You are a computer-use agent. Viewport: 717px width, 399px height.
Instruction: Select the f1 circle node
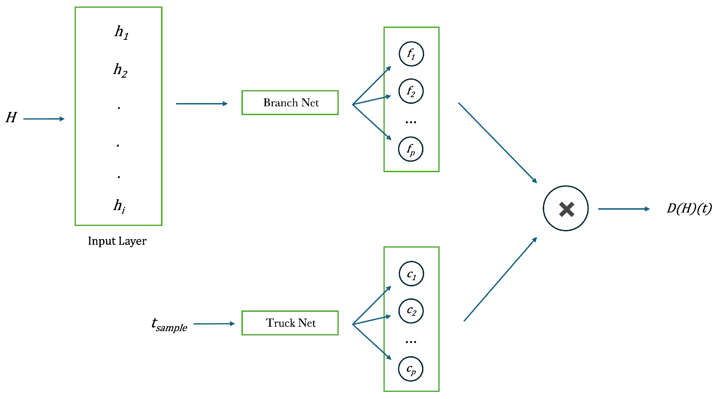tap(411, 54)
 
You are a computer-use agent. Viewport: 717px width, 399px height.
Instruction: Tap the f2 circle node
tap(411, 91)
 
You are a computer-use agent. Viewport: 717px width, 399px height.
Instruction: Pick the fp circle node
tap(411, 149)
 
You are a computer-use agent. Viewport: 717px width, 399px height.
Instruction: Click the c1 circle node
tap(411, 274)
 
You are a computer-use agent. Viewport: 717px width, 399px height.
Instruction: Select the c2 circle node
tap(411, 311)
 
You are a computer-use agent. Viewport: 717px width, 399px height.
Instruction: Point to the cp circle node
tap(411, 369)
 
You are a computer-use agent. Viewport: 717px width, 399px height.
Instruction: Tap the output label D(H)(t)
tap(689, 208)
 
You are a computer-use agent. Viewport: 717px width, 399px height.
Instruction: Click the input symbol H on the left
tap(11, 117)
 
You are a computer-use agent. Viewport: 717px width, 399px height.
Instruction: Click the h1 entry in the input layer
tap(121, 32)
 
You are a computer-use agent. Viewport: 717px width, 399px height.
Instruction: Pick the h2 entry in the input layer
tap(120, 70)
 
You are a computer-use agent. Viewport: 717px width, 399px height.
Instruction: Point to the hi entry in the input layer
tap(119, 206)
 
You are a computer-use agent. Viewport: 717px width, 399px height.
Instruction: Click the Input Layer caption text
tap(117, 241)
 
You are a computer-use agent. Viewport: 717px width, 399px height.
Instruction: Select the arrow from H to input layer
tap(44, 119)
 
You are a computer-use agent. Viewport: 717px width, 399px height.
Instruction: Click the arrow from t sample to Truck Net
tap(214, 323)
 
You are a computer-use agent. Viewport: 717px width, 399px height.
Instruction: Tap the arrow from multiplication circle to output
tap(623, 209)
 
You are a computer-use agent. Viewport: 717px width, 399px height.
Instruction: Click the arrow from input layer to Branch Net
tap(202, 104)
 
